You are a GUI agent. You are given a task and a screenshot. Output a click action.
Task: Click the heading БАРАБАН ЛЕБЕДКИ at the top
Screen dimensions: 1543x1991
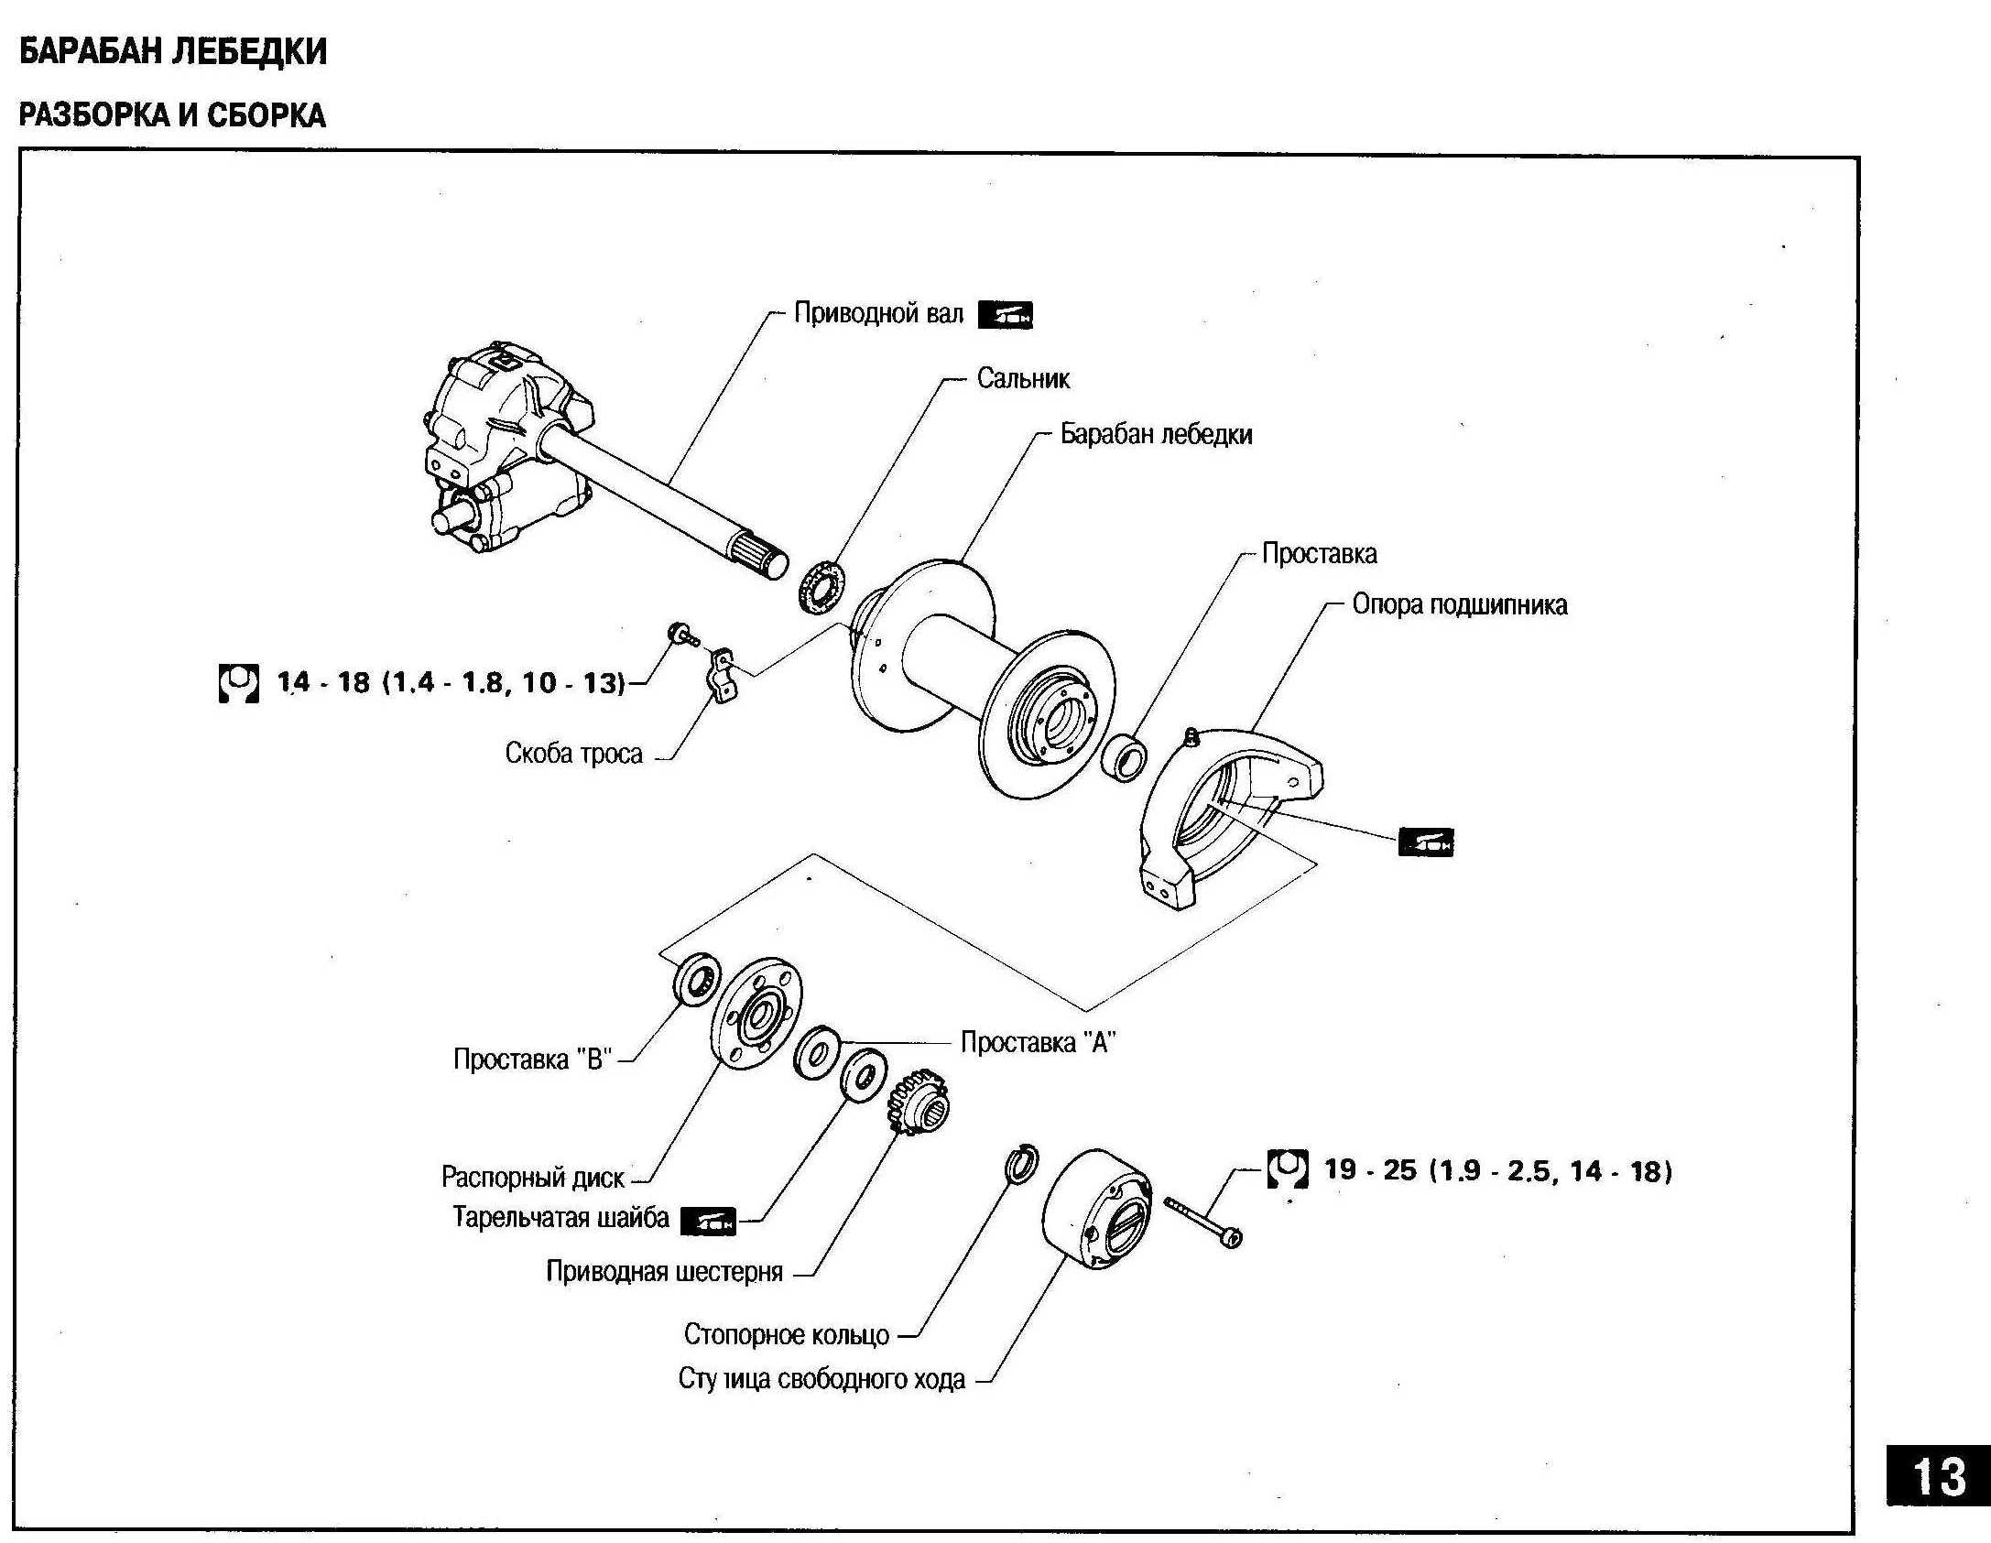point(172,51)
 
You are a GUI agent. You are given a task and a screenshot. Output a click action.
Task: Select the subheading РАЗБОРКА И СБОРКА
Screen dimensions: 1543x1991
point(172,115)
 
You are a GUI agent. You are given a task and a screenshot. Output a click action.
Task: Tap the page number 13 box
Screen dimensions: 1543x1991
point(1938,1476)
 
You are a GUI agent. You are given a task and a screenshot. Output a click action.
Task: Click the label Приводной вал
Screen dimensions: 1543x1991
point(877,314)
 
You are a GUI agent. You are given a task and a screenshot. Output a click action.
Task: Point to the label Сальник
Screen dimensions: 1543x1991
point(1022,378)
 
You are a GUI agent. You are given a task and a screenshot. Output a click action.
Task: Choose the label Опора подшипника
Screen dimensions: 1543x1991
point(1459,604)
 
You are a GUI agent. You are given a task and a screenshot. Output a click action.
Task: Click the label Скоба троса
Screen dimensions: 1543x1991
point(573,754)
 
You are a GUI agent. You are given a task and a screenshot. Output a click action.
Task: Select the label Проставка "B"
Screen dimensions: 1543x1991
point(532,1059)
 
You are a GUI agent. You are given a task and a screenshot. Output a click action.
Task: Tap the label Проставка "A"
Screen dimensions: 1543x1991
point(1038,1042)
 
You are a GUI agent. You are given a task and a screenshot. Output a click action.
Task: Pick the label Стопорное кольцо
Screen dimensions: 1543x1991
point(786,1335)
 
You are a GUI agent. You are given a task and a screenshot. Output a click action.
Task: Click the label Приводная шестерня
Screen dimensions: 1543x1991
point(664,1272)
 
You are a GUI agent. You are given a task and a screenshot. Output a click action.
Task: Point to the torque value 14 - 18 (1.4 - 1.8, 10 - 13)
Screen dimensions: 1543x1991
point(451,682)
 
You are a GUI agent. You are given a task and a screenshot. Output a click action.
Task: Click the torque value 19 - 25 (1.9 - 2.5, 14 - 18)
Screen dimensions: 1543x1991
point(1497,1171)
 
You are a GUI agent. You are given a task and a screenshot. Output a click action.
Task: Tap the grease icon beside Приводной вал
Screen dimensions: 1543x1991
point(1005,315)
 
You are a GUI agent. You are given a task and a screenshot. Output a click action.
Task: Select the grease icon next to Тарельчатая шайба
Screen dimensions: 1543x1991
point(708,1222)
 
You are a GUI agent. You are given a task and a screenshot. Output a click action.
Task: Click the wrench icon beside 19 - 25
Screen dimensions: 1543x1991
point(1287,1169)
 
